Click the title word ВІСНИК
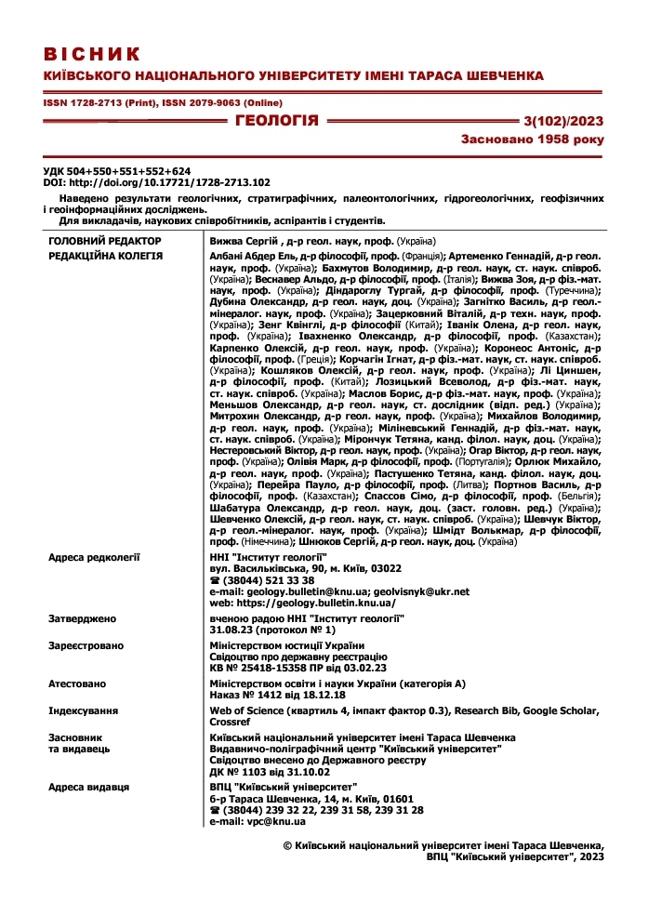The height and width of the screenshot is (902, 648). coord(92,53)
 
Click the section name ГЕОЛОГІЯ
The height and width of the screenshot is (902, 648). coord(276,120)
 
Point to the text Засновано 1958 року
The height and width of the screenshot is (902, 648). coord(532,139)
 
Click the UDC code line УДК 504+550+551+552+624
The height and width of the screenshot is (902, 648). coord(117,171)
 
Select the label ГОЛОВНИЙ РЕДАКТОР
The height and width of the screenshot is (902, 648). coord(105,241)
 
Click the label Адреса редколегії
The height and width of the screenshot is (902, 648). coord(94,556)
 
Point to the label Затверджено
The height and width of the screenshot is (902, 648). coord(83,618)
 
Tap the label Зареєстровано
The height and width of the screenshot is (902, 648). coord(86,645)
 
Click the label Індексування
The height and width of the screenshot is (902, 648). coord(83,710)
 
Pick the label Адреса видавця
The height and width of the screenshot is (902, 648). coord(89,787)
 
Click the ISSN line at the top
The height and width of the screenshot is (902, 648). coord(163,102)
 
